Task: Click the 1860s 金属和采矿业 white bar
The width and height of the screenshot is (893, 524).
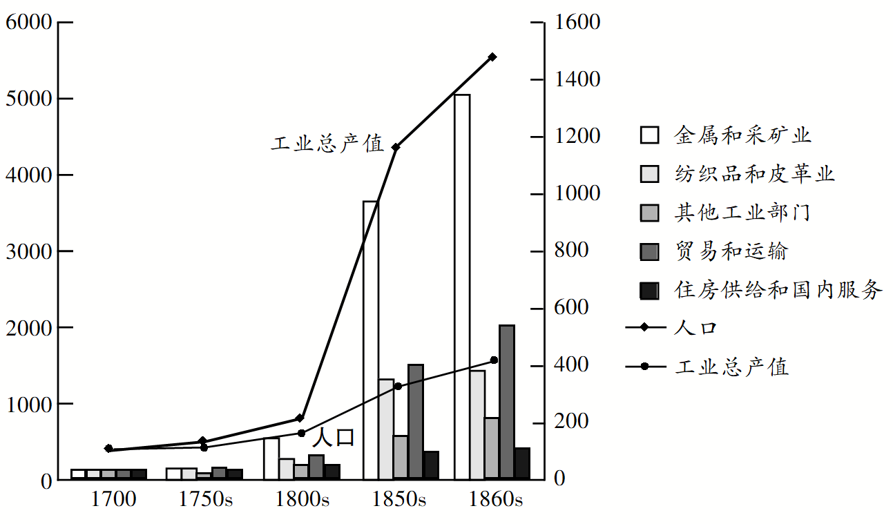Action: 462,286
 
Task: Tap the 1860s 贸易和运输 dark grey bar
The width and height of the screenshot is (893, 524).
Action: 507,401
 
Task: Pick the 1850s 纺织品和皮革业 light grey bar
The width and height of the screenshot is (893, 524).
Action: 386,428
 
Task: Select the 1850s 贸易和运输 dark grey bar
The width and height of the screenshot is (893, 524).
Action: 416,421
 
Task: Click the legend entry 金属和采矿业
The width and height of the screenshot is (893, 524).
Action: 742,135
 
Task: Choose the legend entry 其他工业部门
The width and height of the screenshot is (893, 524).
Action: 742,213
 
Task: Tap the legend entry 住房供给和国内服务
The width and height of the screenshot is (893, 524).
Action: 778,290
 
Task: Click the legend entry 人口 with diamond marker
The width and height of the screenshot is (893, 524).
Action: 695,328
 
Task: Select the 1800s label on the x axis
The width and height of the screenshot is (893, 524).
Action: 303,500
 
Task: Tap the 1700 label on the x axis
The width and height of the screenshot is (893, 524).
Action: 114,500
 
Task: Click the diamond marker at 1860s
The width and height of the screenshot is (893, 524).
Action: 492,57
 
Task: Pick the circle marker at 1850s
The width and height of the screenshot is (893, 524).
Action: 398,386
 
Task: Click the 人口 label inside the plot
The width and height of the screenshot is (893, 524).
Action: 333,438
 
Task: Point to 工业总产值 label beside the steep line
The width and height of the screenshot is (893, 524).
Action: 327,144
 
